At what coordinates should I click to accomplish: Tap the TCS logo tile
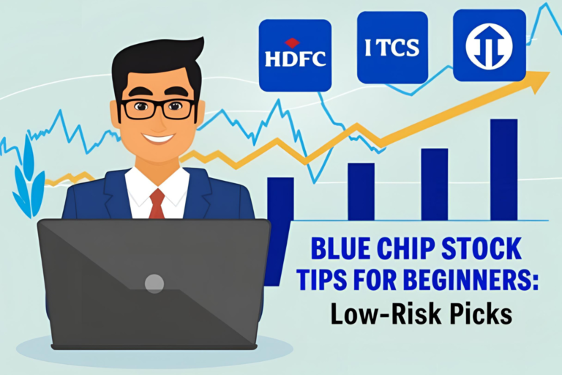[x=392, y=48]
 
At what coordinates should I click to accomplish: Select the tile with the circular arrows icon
[x=489, y=45]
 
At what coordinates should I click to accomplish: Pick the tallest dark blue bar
[x=503, y=168]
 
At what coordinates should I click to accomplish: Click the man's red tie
[x=157, y=204]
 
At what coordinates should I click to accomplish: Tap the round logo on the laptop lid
[x=154, y=283]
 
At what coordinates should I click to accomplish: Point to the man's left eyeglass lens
[x=137, y=109]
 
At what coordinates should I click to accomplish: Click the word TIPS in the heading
[x=334, y=282]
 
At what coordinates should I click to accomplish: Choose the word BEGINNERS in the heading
[x=468, y=282]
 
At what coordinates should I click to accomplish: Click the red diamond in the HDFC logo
[x=292, y=42]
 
